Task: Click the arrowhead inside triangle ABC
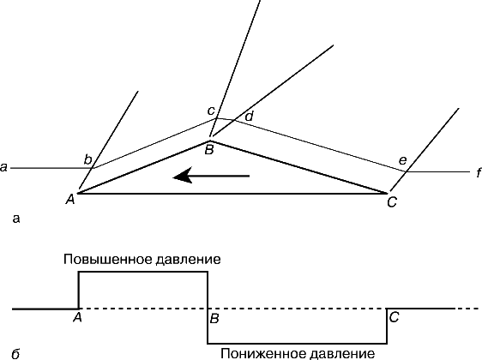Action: tap(182, 177)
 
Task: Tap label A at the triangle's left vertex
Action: tap(70, 200)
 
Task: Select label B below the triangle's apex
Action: tap(209, 150)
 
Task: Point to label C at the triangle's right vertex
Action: tap(392, 202)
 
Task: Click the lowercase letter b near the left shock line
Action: tap(88, 160)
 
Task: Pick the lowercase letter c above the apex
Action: tap(211, 111)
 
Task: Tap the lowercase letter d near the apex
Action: tap(249, 117)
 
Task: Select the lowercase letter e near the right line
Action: tap(402, 160)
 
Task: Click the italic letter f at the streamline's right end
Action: tap(479, 173)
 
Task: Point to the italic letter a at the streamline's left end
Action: tap(3, 168)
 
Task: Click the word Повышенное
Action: tap(107, 259)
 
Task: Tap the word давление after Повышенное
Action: tap(188, 260)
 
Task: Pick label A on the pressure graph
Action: tap(77, 317)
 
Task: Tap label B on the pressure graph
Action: tap(214, 319)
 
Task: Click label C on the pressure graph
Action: tap(394, 317)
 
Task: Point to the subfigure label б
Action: tap(15, 354)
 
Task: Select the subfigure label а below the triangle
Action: tap(16, 219)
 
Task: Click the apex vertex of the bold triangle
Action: tap(209, 141)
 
